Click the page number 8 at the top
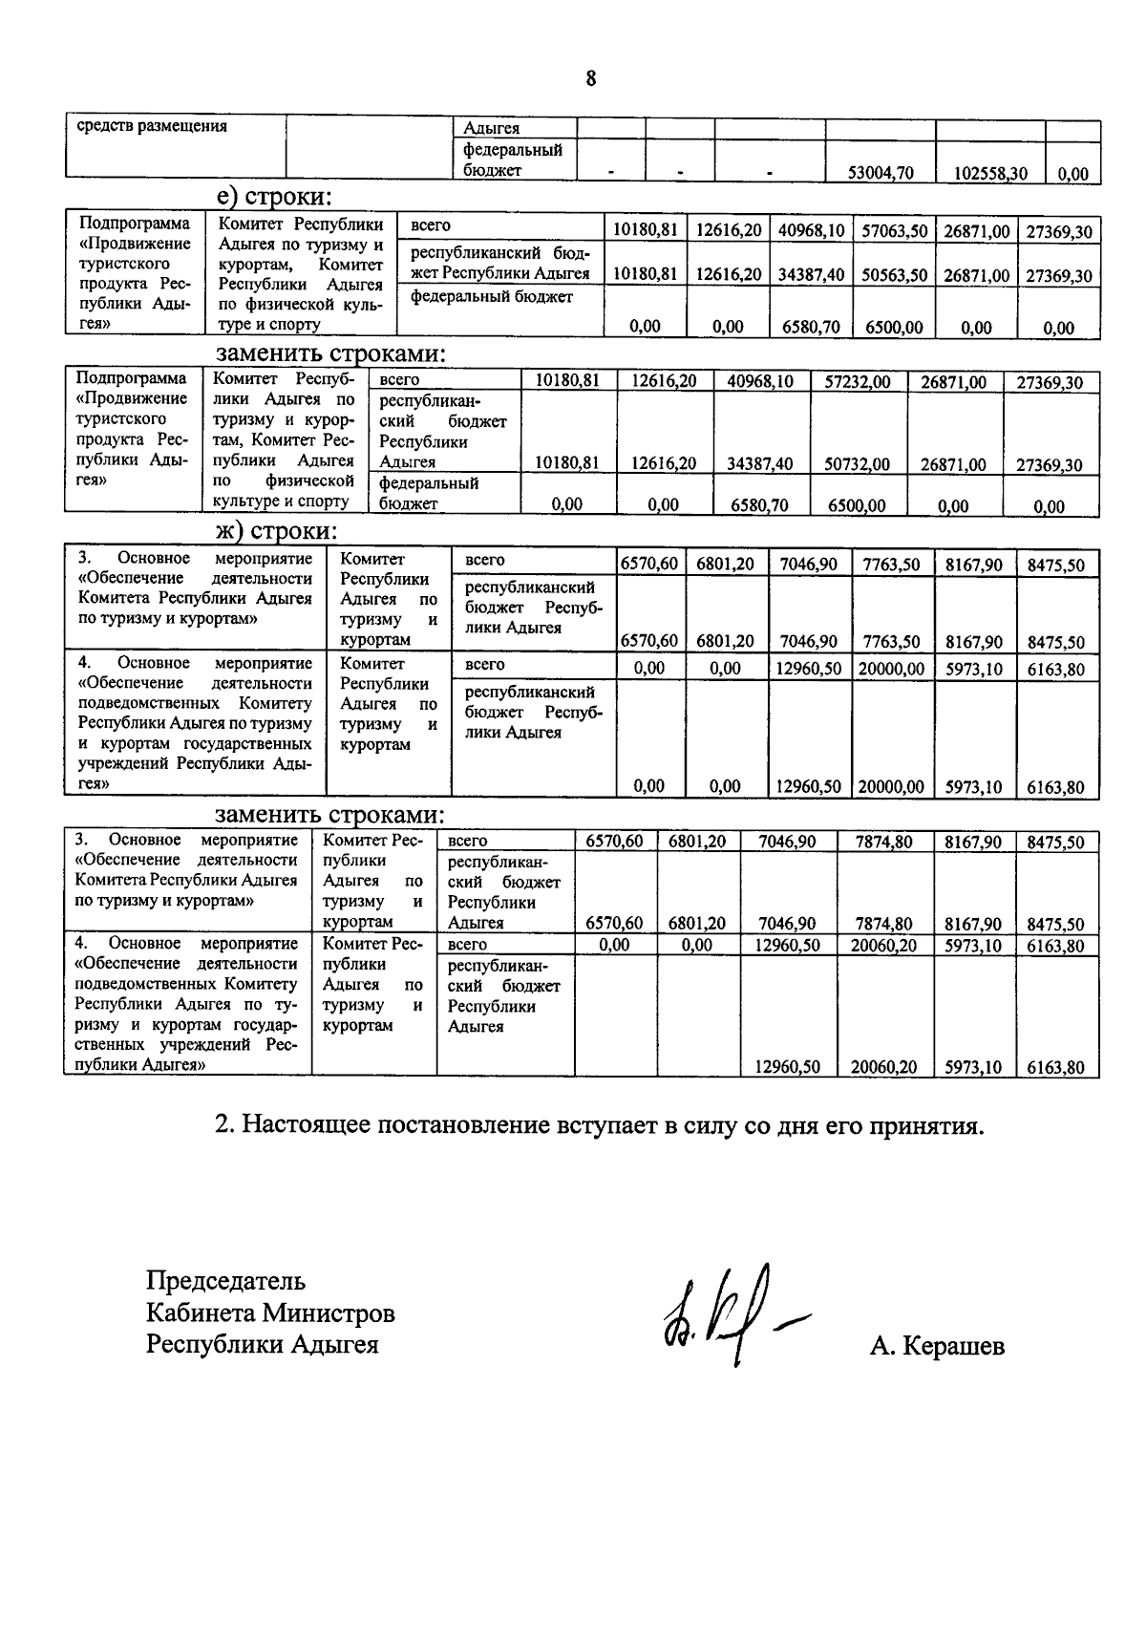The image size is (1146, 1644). (591, 78)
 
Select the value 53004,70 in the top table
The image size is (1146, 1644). (881, 173)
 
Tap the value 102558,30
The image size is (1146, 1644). (990, 173)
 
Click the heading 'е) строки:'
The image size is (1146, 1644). (273, 197)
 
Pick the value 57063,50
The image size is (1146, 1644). (895, 231)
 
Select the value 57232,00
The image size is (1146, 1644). (858, 382)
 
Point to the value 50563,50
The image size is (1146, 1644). (895, 275)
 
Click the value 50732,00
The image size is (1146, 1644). (858, 464)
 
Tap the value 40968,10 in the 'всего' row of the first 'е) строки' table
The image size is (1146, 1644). (810, 231)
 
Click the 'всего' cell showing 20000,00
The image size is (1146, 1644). (891, 669)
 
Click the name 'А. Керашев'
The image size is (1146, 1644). (936, 1346)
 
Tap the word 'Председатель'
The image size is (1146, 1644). (225, 1280)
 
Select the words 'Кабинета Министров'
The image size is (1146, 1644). (270, 1313)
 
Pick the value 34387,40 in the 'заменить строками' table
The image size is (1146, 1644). (760, 464)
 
